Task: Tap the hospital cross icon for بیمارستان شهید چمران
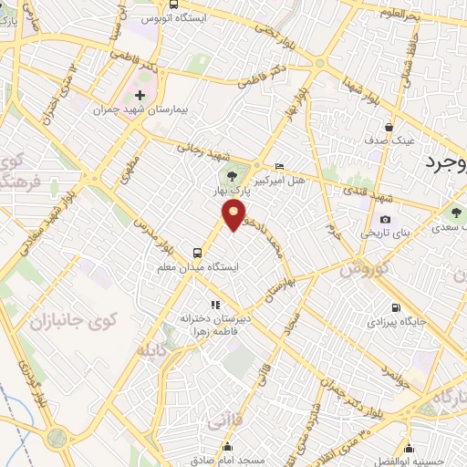[140, 95]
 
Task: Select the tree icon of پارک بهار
[229, 175]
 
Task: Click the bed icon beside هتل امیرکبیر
[279, 166]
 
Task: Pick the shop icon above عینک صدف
[389, 127]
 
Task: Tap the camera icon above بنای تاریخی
[386, 219]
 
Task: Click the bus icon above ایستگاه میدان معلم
[197, 253]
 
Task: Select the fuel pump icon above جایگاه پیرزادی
[394, 307]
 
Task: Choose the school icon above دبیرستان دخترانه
[215, 305]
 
